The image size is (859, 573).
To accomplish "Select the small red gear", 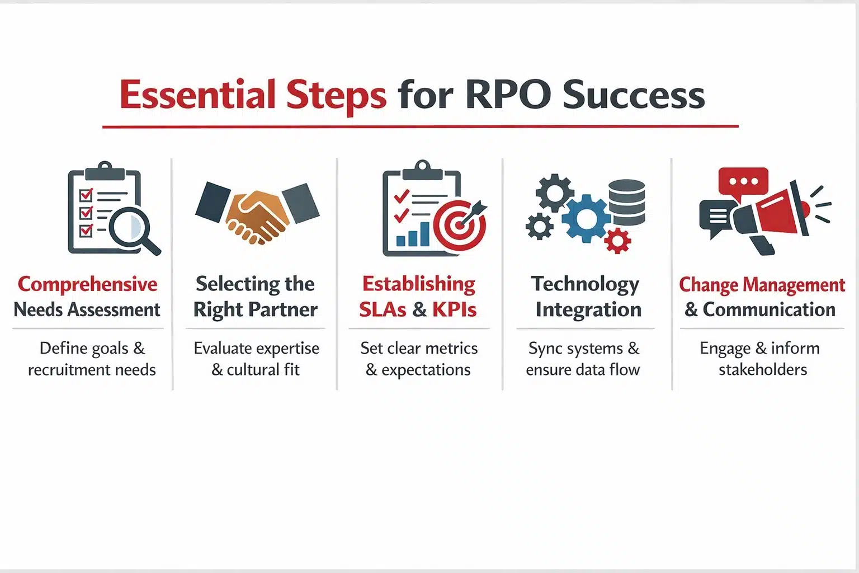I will click(618, 241).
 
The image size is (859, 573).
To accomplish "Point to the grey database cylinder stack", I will click(626, 202).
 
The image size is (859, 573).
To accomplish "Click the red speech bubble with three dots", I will click(743, 182).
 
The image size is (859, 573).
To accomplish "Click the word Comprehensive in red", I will click(87, 284).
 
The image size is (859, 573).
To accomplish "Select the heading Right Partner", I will click(255, 309).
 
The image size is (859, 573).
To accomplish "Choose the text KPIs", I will click(454, 309).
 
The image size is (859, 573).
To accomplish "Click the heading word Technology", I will click(585, 284).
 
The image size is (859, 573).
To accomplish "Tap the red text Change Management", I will click(762, 285).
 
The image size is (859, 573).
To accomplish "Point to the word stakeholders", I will click(763, 370).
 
